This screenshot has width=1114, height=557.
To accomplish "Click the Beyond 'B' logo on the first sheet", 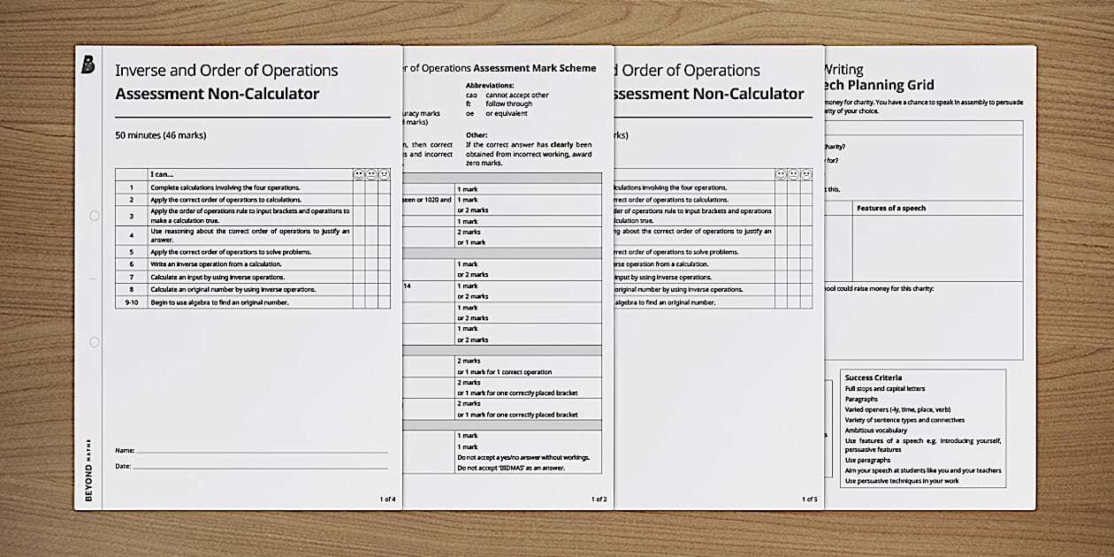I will pyautogui.click(x=88, y=65).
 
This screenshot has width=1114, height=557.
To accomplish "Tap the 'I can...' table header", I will pyautogui.click(x=162, y=175).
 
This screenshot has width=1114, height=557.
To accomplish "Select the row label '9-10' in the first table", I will pyautogui.click(x=131, y=302).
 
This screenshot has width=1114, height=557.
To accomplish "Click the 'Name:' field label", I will pyautogui.click(x=125, y=451).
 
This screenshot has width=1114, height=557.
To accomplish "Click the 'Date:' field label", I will pyautogui.click(x=123, y=466).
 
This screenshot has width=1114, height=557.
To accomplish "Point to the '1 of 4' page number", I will pyautogui.click(x=387, y=500).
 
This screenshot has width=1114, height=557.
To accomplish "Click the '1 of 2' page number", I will pyautogui.click(x=599, y=500).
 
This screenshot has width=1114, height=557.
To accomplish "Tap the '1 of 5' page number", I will pyautogui.click(x=809, y=500).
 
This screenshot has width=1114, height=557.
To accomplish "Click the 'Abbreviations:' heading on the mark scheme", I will pyautogui.click(x=492, y=86).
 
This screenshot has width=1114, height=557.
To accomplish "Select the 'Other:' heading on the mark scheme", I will pyautogui.click(x=477, y=135).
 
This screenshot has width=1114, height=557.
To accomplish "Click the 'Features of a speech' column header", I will pyautogui.click(x=891, y=209).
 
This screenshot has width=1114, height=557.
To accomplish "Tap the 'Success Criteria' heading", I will pyautogui.click(x=874, y=378).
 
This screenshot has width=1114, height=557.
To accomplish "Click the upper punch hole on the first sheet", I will pyautogui.click(x=94, y=216).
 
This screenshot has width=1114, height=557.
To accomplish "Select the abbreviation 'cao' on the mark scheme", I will pyautogui.click(x=471, y=95).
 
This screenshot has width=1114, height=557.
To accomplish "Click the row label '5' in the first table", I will pyautogui.click(x=131, y=252).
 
